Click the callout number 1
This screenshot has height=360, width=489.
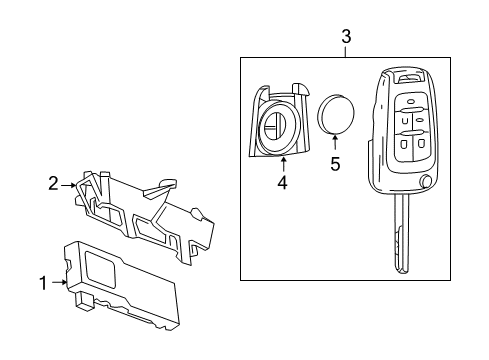click(x=43, y=283)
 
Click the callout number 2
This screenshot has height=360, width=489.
click(x=54, y=183)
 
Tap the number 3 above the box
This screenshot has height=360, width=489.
click(x=346, y=37)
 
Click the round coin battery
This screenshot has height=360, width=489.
click(x=336, y=115)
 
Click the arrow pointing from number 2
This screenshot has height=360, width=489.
click(x=72, y=184)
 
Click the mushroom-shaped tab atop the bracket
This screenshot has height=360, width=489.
click(x=167, y=183)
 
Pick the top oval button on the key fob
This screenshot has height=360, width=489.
click(x=409, y=102)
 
